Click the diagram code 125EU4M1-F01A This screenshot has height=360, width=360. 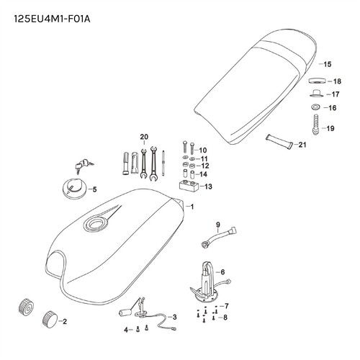(52, 19)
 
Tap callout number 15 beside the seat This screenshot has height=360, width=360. (327, 64)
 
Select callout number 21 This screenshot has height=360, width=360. (302, 145)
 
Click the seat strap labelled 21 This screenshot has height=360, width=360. (279, 141)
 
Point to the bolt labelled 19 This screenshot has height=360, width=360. (316, 125)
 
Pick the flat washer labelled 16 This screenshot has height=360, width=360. (315, 107)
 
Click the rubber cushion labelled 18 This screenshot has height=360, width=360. (317, 81)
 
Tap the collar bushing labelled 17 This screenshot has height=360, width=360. (316, 93)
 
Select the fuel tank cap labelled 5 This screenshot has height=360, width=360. (74, 188)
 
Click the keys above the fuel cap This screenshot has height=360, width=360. (84, 165)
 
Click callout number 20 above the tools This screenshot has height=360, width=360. (144, 137)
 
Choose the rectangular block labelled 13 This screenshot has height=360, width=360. (189, 186)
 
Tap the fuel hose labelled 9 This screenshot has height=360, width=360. (218, 236)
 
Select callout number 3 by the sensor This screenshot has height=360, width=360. (174, 317)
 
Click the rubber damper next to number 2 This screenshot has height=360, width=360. (50, 319)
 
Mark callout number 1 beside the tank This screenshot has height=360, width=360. (192, 207)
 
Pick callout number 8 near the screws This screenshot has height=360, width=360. (225, 318)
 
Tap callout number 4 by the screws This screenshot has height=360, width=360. (126, 330)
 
